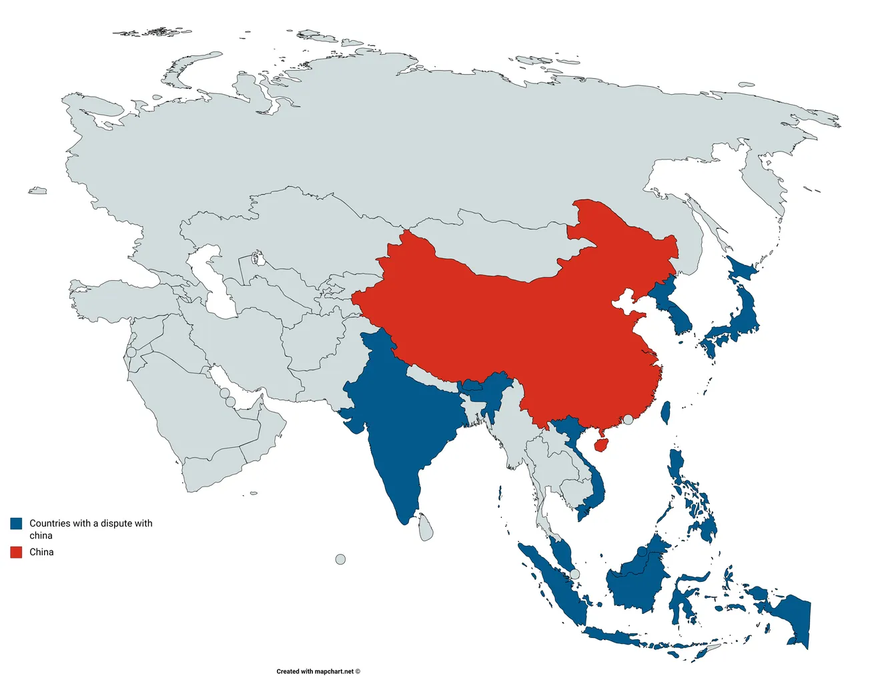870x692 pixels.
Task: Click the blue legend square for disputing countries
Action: point(16,523)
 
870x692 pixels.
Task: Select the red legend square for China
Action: point(16,552)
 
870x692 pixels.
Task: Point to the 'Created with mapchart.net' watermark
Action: point(318,671)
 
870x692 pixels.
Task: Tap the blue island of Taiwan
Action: point(665,412)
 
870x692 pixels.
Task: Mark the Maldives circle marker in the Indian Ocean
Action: point(340,559)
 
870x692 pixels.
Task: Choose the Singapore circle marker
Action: point(575,574)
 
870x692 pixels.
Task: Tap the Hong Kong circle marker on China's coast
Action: point(628,420)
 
